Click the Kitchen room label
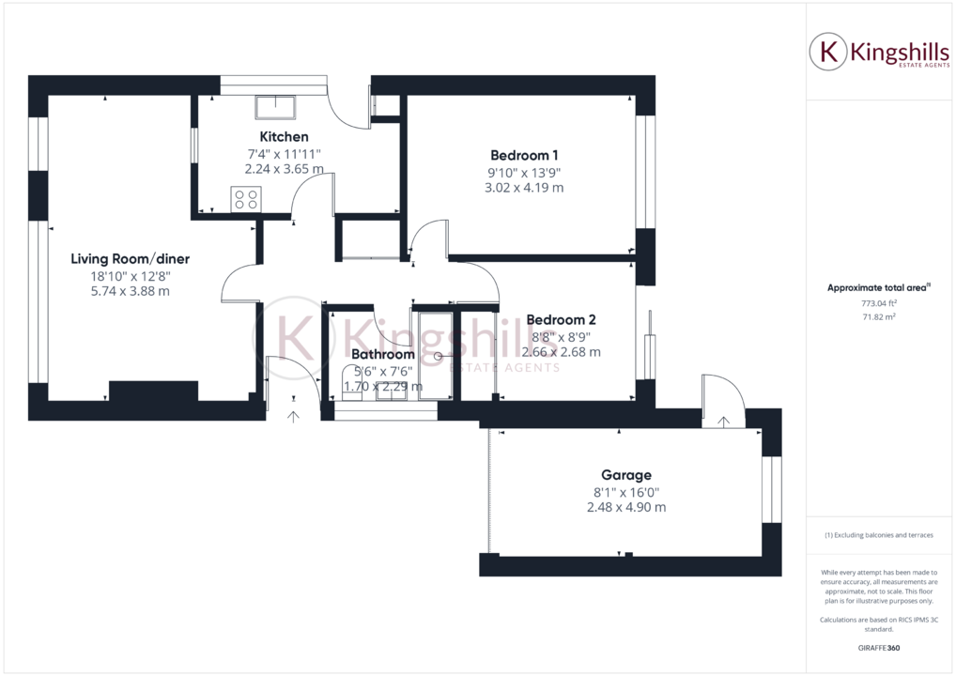(x=284, y=137)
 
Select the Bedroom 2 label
(x=561, y=319)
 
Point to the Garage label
(x=625, y=475)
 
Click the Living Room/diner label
(x=131, y=258)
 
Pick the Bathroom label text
(x=382, y=354)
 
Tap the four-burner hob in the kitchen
(x=246, y=199)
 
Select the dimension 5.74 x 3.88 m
(x=131, y=291)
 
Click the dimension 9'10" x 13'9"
(x=526, y=172)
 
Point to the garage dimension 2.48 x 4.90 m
(x=625, y=507)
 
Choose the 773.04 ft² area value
(x=878, y=303)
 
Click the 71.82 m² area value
(x=878, y=317)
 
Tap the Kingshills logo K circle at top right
(x=828, y=53)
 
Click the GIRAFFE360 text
(x=878, y=650)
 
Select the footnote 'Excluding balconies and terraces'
(x=878, y=535)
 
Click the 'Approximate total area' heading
(x=876, y=288)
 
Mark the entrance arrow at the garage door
(x=722, y=421)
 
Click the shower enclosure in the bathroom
(x=435, y=354)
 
